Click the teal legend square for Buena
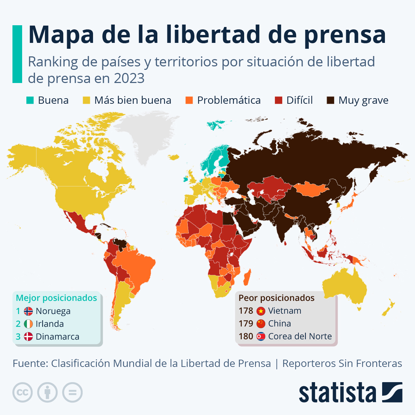tap(30, 100)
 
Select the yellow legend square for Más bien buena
tap(86, 100)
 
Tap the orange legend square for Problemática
tap(189, 100)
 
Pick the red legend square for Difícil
tap(278, 100)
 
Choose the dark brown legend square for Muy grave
tap(331, 100)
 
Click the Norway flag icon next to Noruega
tap(28, 311)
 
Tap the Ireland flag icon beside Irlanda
tap(28, 324)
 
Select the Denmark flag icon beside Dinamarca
tap(28, 336)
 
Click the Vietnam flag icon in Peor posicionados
tap(261, 311)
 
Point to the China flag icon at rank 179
tap(261, 324)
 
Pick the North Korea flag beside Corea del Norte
tap(261, 336)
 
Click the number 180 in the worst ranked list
tap(246, 336)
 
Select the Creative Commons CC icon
tap(22, 393)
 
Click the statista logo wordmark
tap(337, 393)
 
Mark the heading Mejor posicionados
tap(56, 298)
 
